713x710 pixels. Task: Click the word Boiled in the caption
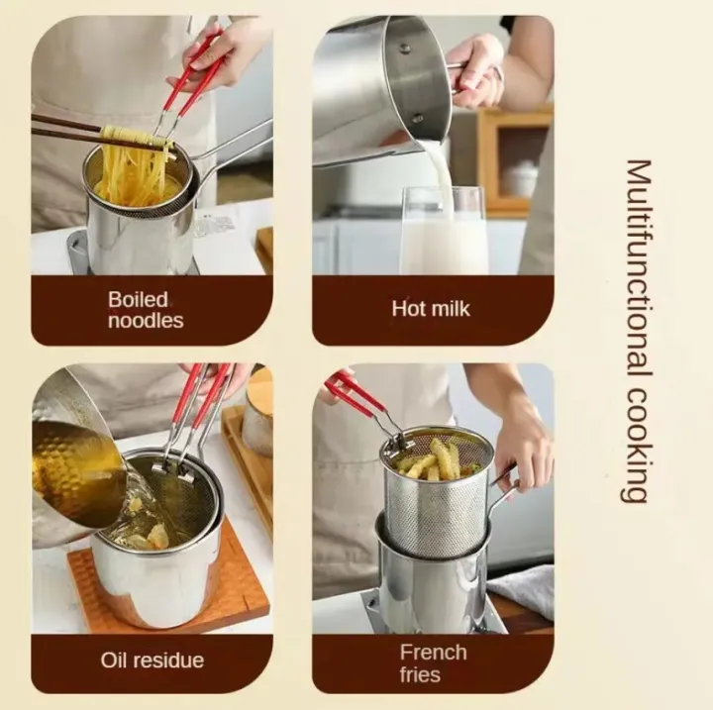point(138,298)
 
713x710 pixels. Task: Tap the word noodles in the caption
point(145,320)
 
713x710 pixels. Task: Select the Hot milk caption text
point(431,309)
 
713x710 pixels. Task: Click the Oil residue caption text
point(152,659)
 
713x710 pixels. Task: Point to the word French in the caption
point(432,652)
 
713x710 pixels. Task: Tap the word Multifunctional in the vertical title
point(638,266)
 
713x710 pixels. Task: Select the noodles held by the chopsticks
point(133,167)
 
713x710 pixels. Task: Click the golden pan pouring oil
point(75,465)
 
